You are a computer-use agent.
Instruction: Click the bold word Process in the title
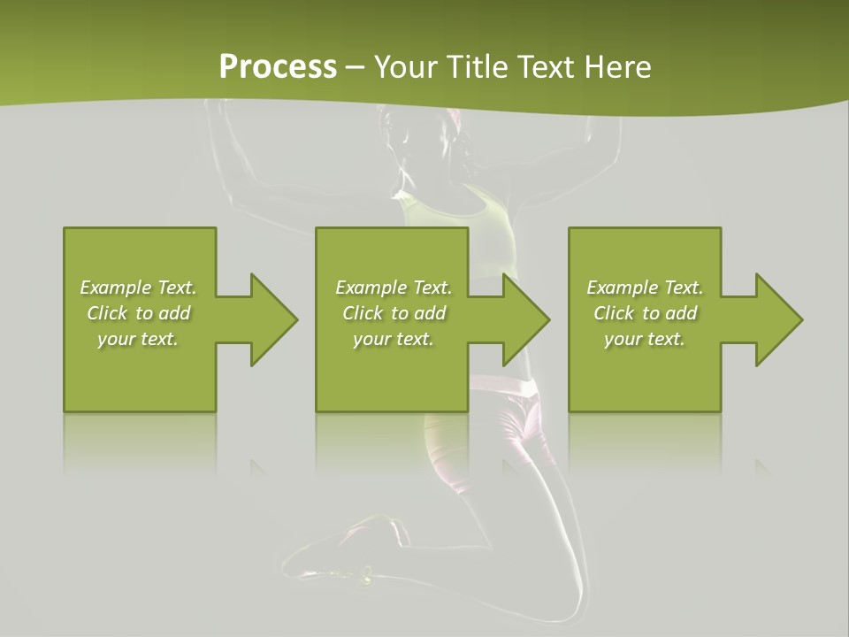pos(278,67)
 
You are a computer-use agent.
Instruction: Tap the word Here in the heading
pos(617,67)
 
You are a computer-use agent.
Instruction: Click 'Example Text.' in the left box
pos(138,288)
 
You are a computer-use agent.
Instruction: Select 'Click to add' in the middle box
pos(394,313)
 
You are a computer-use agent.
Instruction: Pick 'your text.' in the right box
pos(645,339)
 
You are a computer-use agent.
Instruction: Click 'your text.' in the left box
pos(138,339)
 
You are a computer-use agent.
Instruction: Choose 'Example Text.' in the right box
pos(645,288)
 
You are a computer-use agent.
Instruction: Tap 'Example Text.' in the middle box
pos(394,288)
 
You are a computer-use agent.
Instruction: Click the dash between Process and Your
pos(355,68)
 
